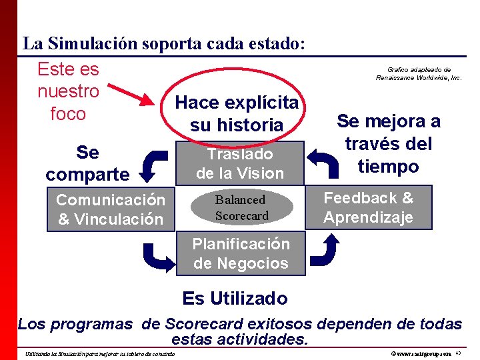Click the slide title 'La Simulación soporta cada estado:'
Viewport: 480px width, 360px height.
pos(164,44)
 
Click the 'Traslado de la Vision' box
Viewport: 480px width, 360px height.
pos(240,163)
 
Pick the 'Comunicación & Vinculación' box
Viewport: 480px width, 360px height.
pos(110,209)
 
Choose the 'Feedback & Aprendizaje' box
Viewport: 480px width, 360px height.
pos(368,207)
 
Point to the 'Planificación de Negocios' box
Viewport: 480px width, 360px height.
pos(241,253)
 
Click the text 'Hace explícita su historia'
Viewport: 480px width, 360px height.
pos(237,113)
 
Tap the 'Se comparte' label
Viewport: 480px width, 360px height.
pos(87,163)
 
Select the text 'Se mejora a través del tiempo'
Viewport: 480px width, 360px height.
pos(388,143)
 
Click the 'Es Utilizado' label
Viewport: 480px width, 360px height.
pos(235,298)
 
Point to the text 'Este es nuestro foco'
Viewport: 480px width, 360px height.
pos(68,91)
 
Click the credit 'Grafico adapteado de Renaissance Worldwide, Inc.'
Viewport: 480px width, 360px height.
pos(419,73)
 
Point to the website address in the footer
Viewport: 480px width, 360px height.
pos(421,353)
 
